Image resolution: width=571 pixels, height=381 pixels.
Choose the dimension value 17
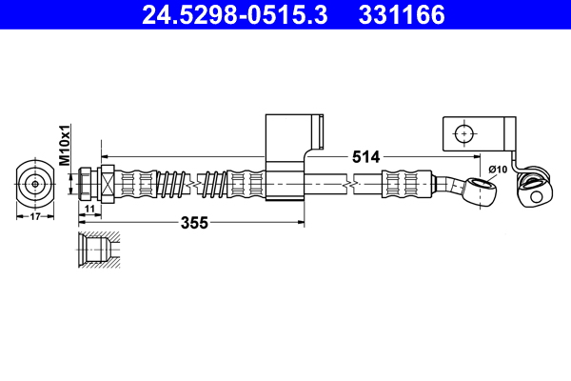[x=35, y=216]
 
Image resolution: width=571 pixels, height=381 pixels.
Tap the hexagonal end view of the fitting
[x=35, y=183]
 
